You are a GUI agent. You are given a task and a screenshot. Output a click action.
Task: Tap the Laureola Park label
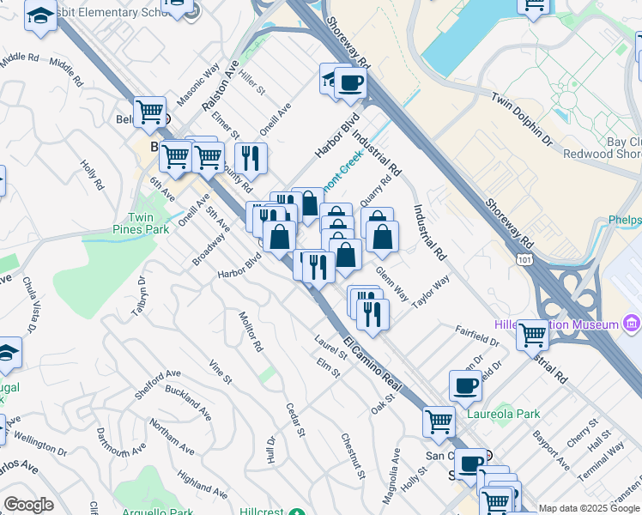(504, 414)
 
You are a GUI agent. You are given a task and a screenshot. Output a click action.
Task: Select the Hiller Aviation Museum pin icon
(633, 324)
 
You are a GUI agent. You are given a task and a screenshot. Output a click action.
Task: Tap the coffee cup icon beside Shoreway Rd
(349, 82)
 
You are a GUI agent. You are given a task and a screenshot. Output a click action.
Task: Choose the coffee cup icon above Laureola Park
(465, 385)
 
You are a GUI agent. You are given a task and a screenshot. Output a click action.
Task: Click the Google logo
(28, 505)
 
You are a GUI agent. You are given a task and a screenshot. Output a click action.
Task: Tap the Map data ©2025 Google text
(589, 508)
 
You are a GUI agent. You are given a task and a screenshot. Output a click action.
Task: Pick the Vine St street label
(220, 371)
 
